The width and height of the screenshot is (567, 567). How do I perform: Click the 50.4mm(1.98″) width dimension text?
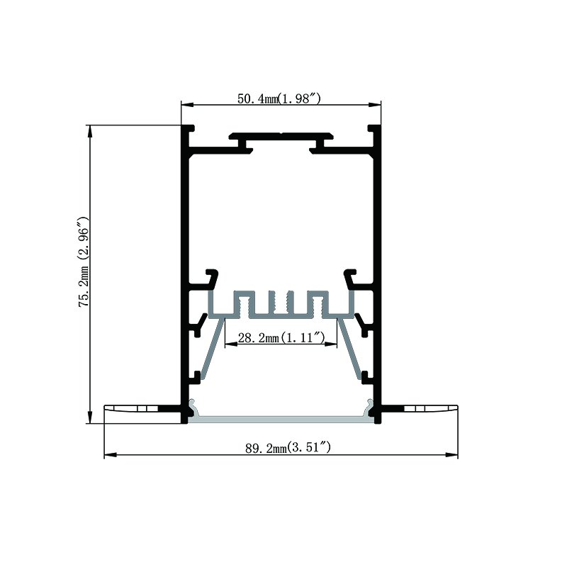pos(279,99)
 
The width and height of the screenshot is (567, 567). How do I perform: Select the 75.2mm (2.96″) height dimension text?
pos(84,262)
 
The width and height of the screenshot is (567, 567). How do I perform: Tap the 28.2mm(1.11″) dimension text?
pos(281,338)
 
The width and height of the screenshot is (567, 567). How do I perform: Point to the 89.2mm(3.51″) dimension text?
pos(288,449)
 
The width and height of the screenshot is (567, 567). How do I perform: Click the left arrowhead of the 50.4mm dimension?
pos(187,105)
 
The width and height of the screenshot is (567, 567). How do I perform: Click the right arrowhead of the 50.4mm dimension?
pos(375,105)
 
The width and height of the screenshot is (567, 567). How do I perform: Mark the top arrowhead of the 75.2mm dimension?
pos(90,131)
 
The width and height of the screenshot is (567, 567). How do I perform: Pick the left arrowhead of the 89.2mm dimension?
pos(111,454)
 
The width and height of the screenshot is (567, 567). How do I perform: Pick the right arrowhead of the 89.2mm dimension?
pos(451,454)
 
